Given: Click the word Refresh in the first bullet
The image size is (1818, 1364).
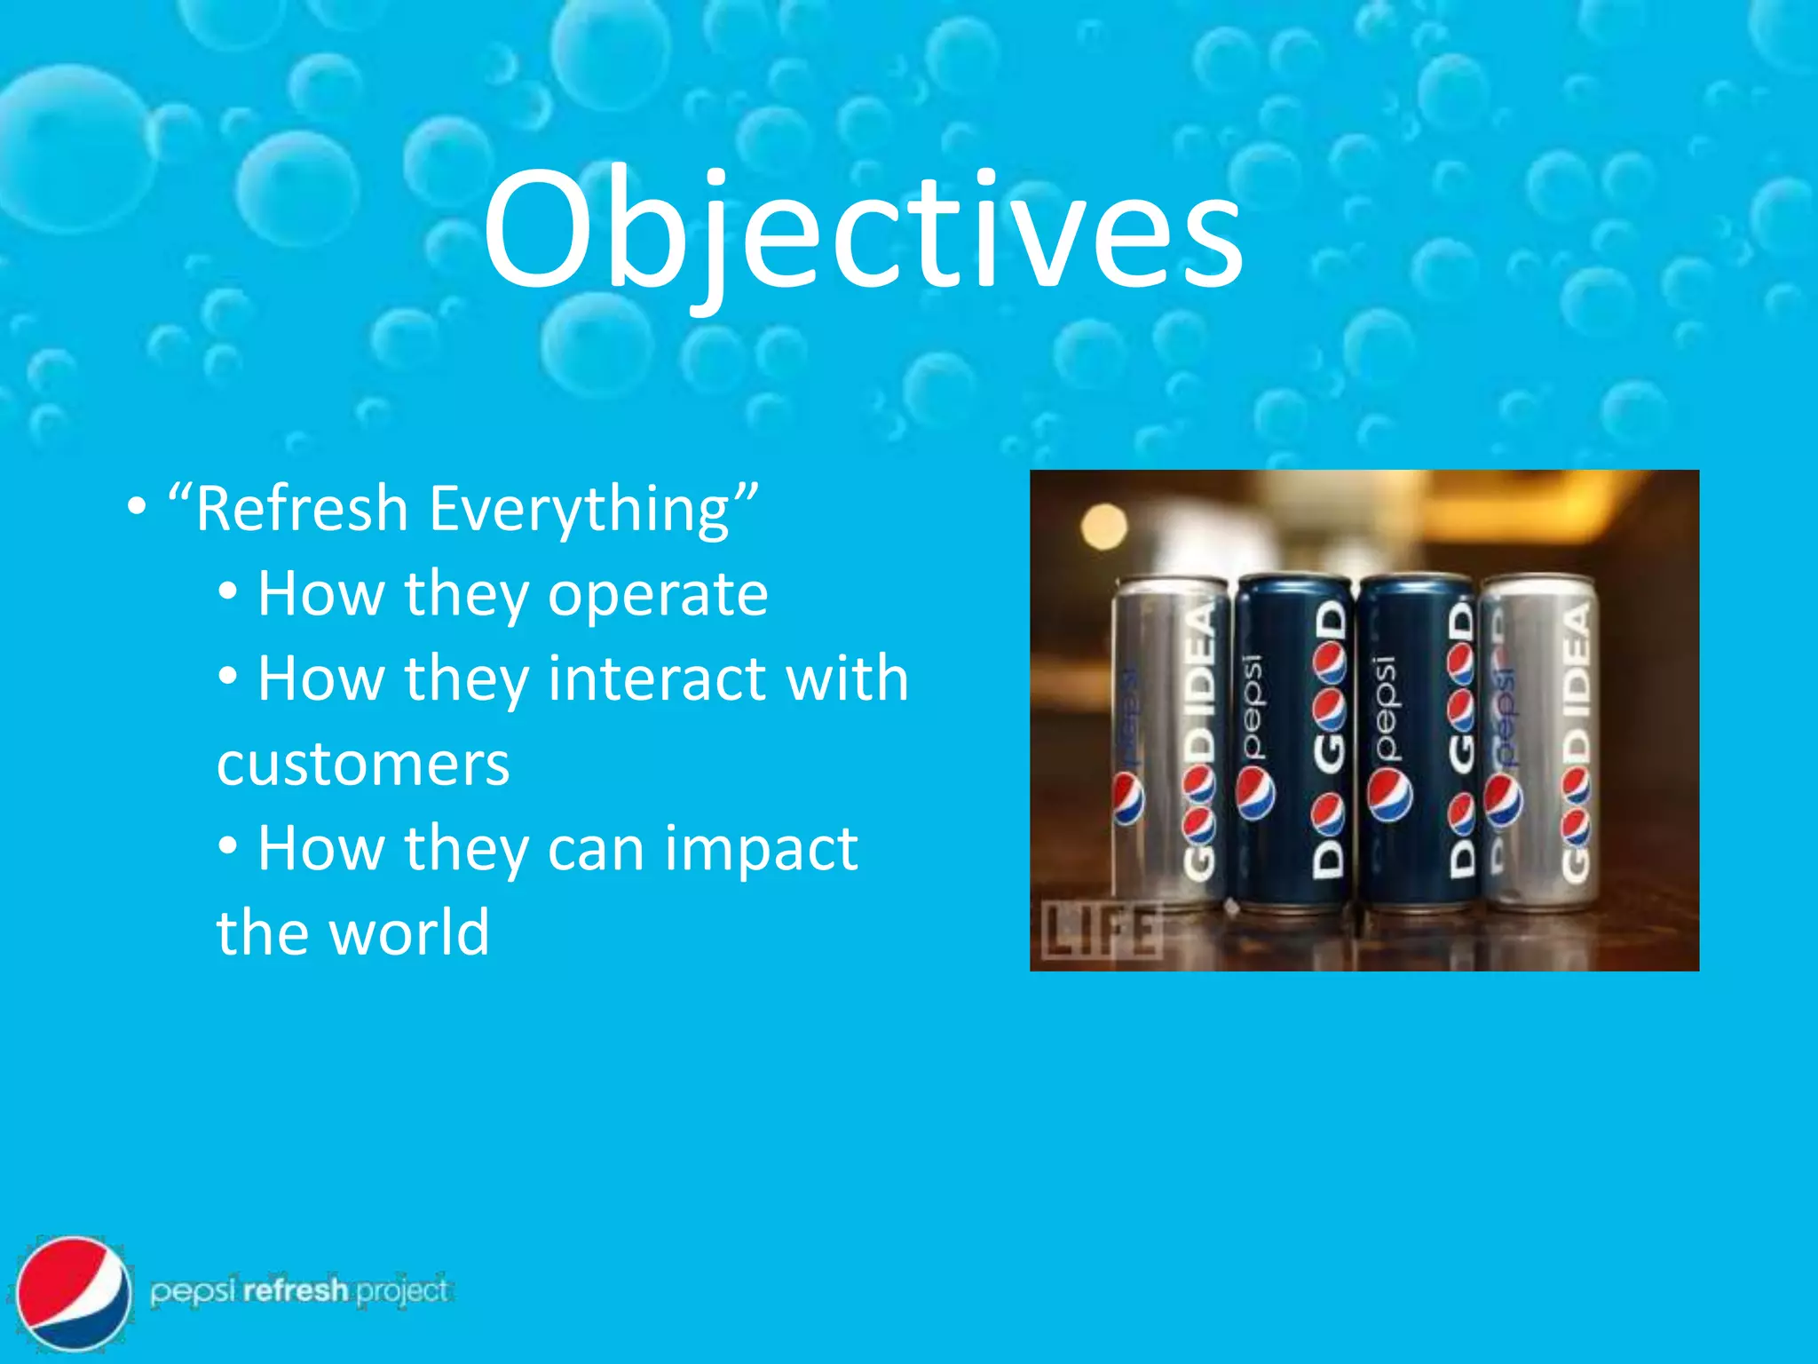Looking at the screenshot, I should pyautogui.click(x=302, y=509).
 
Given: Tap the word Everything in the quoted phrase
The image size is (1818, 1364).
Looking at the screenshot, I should pyautogui.click(x=579, y=511).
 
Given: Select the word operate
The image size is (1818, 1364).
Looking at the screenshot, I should pyautogui.click(x=658, y=594).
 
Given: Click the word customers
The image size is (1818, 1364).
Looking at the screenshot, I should pyautogui.click(x=363, y=764).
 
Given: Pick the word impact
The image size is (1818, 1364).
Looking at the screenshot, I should pyautogui.click(x=761, y=848).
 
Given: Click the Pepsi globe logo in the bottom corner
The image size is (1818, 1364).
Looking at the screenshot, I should pyautogui.click(x=74, y=1292).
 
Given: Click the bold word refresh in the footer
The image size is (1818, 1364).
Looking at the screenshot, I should pyautogui.click(x=296, y=1289).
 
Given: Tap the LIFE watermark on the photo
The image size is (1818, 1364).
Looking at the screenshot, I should pyautogui.click(x=1101, y=930).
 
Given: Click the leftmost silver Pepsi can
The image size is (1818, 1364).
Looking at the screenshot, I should pyautogui.click(x=1170, y=746).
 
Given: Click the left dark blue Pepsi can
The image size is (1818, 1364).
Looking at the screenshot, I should pyautogui.click(x=1294, y=746).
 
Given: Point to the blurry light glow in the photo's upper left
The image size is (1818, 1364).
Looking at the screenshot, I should pyautogui.click(x=1104, y=526).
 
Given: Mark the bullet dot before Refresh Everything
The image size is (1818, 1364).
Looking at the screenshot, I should pyautogui.click(x=136, y=508).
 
